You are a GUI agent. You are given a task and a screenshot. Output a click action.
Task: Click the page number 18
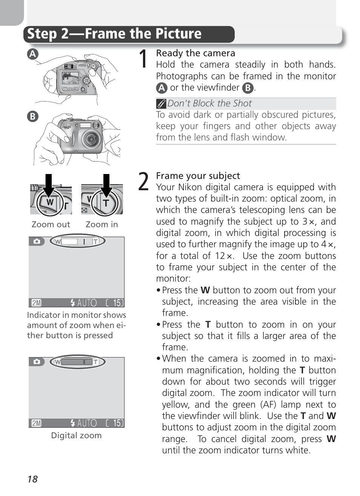coord(32,479)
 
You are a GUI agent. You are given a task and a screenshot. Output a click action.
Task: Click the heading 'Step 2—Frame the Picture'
coord(114,34)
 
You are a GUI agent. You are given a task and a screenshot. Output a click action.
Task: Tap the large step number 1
coord(143,59)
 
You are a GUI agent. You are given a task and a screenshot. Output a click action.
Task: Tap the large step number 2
coord(143,182)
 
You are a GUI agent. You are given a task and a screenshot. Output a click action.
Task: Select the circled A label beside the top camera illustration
coord(33,54)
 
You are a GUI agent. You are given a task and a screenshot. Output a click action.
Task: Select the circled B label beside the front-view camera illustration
coord(33,116)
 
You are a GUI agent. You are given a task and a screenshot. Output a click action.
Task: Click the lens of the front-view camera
coord(91,139)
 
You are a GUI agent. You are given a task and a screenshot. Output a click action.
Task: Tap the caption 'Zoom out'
coord(51,225)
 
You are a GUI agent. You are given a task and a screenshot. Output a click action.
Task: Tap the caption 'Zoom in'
coord(102,225)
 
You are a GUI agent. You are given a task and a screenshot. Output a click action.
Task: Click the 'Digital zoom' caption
coord(76,436)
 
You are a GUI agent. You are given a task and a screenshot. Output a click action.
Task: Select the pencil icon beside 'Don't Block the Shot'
coord(161,103)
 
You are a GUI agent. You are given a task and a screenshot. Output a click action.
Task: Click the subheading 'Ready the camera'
coord(195,53)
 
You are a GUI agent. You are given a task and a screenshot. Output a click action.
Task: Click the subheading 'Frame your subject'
coord(198,176)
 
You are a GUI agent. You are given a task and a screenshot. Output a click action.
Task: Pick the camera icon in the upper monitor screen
coord(37,241)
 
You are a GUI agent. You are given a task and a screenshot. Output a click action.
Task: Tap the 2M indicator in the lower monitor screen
coord(36,423)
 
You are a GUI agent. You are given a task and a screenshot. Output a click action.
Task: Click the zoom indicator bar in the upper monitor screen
coord(77,241)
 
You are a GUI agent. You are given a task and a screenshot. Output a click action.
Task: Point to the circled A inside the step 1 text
coord(162,88)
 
